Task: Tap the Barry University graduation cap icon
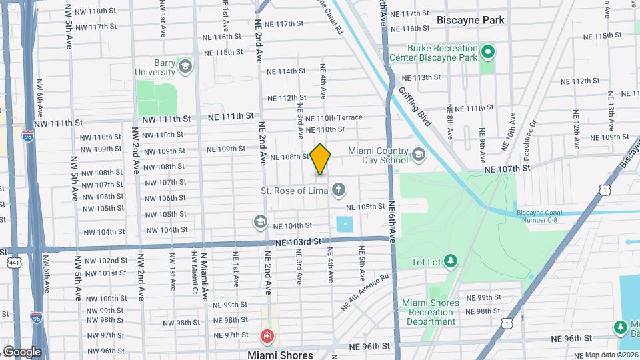185,66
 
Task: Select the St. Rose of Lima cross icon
339,191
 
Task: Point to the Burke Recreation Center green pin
488,51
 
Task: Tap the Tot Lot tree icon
451,259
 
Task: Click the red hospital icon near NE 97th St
267,335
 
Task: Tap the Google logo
22,352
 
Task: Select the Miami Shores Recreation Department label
431,312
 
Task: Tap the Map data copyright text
610,355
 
